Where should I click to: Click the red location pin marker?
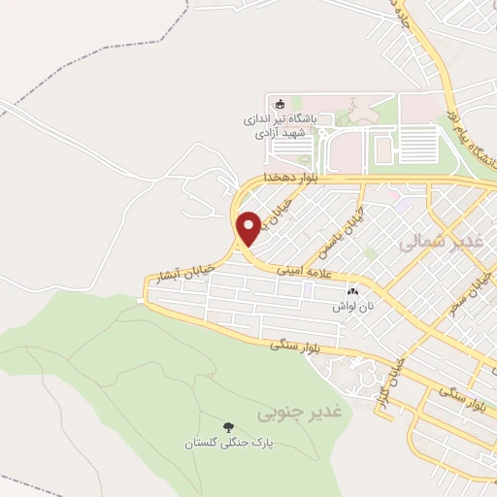(x=249, y=227)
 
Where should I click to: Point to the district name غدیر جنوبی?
(x=301, y=413)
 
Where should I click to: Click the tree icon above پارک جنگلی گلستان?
(x=229, y=426)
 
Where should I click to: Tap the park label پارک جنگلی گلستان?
(x=230, y=443)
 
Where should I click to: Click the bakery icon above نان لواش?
(x=352, y=290)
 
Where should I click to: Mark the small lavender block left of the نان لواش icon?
(x=307, y=290)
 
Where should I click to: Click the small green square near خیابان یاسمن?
(x=369, y=253)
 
